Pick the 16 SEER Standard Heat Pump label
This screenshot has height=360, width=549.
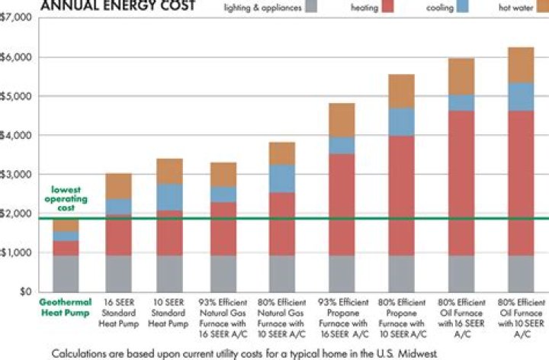[x=118, y=311]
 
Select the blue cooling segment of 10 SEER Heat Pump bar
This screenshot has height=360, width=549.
[x=171, y=197]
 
